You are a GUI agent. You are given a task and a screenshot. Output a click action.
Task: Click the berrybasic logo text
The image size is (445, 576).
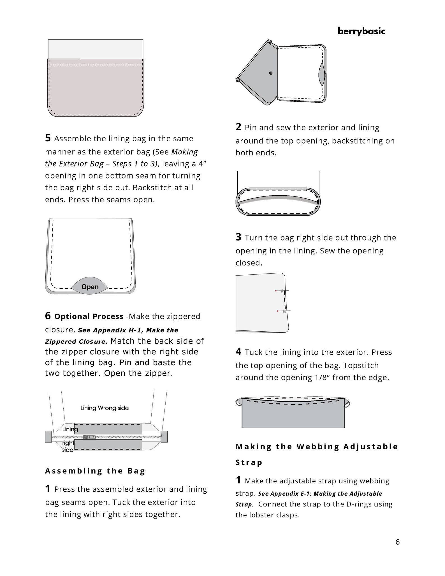[361, 31]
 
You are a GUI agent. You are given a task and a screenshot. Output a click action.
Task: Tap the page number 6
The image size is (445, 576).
[397, 542]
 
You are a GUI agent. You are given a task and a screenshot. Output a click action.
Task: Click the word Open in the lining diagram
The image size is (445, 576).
[90, 287]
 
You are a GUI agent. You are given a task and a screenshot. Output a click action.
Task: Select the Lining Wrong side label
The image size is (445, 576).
[105, 408]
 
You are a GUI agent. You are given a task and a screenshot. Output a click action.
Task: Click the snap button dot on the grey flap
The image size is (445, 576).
[270, 73]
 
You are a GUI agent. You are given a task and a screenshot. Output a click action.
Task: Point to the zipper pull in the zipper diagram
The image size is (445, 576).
[89, 437]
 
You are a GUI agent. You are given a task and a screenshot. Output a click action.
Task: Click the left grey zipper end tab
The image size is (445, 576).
[48, 436]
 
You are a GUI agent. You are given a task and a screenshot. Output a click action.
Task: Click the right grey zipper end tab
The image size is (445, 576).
[164, 436]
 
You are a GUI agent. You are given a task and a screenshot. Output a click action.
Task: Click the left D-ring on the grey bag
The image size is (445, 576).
[239, 402]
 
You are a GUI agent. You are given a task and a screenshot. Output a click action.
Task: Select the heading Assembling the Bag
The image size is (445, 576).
[95, 471]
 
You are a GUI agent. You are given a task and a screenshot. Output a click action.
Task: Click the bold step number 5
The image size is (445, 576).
[48, 138]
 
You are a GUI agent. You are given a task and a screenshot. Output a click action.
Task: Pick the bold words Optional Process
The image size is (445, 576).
[89, 316]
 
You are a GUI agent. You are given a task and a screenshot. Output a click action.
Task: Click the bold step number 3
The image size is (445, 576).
[238, 237]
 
